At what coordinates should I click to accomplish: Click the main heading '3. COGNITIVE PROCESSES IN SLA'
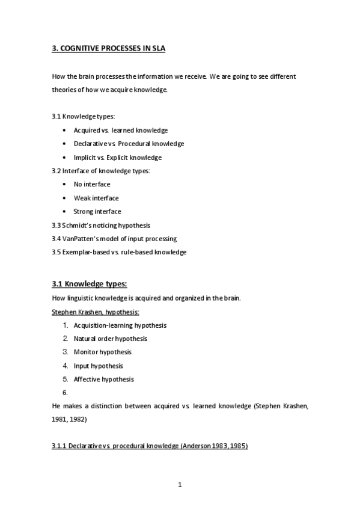(108, 49)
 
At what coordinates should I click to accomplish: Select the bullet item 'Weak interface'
(96, 198)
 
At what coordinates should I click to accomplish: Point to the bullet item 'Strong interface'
(97, 212)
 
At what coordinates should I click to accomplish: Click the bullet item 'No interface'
(92, 185)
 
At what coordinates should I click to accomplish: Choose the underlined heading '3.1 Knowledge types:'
(90, 284)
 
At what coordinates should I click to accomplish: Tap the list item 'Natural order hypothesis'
(110, 339)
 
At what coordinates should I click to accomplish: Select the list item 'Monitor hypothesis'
(102, 352)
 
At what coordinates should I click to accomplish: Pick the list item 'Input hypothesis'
(98, 366)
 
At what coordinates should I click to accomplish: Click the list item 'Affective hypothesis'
(103, 379)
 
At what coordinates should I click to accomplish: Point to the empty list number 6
(64, 393)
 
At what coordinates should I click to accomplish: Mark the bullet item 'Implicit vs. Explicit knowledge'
(117, 158)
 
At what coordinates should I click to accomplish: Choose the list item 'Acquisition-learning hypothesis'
(120, 325)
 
